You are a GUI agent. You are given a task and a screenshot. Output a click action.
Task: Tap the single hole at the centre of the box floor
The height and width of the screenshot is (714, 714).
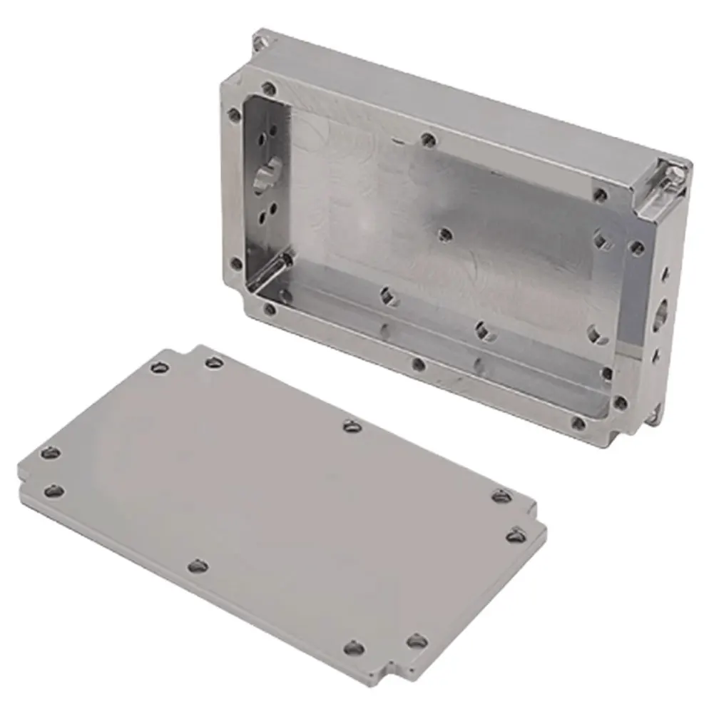tap(445, 234)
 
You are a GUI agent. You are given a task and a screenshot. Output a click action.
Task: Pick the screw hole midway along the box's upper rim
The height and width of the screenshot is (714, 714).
tap(428, 139)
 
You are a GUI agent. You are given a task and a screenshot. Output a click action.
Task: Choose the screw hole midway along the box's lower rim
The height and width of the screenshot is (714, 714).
tap(418, 364)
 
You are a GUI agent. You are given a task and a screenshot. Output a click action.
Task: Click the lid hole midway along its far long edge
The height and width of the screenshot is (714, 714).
tap(351, 426)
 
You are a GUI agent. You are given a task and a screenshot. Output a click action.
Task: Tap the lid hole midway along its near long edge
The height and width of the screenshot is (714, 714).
tap(197, 566)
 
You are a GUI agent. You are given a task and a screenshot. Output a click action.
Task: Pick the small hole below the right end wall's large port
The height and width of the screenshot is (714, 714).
tap(657, 352)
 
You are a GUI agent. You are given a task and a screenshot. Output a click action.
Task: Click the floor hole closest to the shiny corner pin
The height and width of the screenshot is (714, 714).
tap(388, 295)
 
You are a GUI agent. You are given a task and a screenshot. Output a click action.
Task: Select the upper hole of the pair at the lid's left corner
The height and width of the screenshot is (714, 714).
tap(49, 452)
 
